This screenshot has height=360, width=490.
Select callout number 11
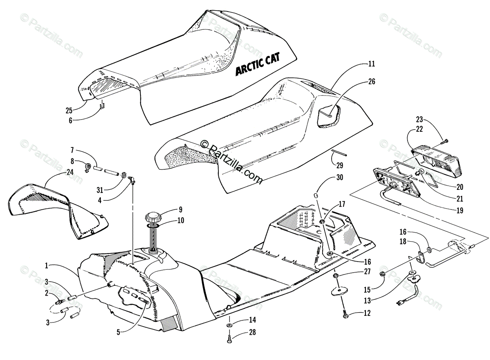(371, 64)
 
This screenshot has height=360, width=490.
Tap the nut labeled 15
(383, 274)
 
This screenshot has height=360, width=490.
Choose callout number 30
(340, 178)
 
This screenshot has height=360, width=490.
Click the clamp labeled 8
(87, 167)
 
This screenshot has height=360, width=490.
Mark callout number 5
(118, 332)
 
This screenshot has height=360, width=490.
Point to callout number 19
(460, 211)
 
